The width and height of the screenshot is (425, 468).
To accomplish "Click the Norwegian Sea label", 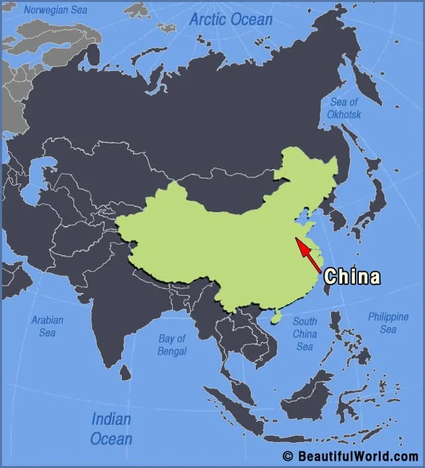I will [55, 10].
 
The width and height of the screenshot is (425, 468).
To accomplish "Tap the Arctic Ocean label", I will [230, 19].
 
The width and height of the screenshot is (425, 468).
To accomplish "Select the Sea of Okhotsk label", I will [344, 108].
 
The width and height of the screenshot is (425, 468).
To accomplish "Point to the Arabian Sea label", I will [47, 326].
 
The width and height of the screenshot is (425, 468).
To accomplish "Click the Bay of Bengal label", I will [172, 345].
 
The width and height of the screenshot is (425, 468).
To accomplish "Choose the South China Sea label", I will [305, 333].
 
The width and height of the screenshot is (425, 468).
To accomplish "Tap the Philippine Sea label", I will [388, 323].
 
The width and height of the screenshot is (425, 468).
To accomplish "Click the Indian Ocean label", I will [111, 428].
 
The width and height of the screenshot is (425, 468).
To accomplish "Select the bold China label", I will [352, 276].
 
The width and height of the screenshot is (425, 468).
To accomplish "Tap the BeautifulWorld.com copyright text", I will [350, 456].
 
